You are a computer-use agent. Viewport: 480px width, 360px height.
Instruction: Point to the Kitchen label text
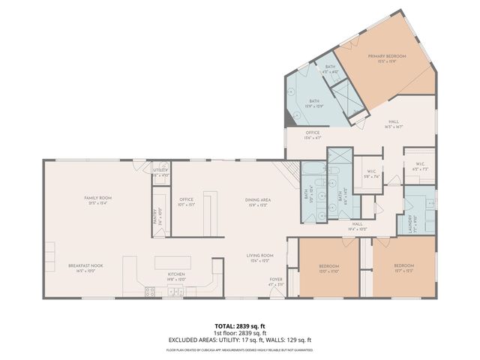176,275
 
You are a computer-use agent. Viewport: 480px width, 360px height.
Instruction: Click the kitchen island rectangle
173,262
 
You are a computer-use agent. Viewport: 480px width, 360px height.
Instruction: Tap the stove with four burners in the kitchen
148,290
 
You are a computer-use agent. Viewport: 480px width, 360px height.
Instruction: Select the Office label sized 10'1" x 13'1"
186,201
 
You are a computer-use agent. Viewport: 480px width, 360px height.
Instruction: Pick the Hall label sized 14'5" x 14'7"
394,124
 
